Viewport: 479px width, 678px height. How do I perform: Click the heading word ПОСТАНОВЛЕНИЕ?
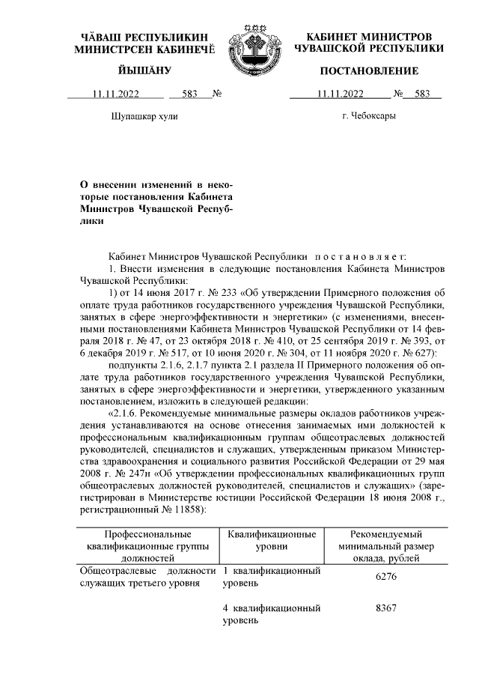pos(369,70)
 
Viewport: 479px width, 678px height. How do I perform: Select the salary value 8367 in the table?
pos(386,608)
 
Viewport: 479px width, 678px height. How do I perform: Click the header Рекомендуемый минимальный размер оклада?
pos(386,545)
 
